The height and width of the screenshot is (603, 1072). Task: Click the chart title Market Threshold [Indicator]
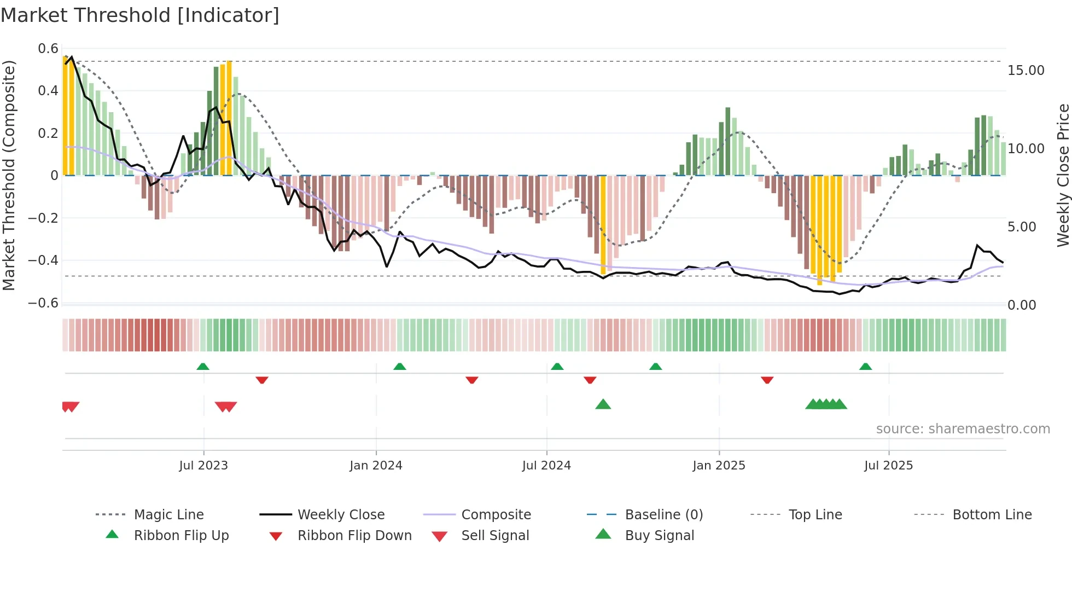[x=140, y=15]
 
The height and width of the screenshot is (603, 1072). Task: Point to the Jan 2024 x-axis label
[x=376, y=465]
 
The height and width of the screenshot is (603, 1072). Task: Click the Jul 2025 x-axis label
[x=888, y=465]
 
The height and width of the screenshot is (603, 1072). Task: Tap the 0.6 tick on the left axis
[x=48, y=49]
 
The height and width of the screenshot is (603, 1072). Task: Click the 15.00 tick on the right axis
[x=1026, y=70]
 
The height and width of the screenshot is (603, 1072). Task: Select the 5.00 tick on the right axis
[x=1021, y=227]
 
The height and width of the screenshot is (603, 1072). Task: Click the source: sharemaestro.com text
[x=963, y=428]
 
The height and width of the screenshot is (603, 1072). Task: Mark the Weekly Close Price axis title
[x=1063, y=175]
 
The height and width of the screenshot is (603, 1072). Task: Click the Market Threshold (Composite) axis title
[x=9, y=175]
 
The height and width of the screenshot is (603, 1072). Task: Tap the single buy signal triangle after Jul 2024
[x=603, y=404]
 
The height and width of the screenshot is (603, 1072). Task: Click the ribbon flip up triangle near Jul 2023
[x=203, y=366]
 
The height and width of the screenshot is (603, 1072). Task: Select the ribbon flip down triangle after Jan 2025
[x=767, y=380]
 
